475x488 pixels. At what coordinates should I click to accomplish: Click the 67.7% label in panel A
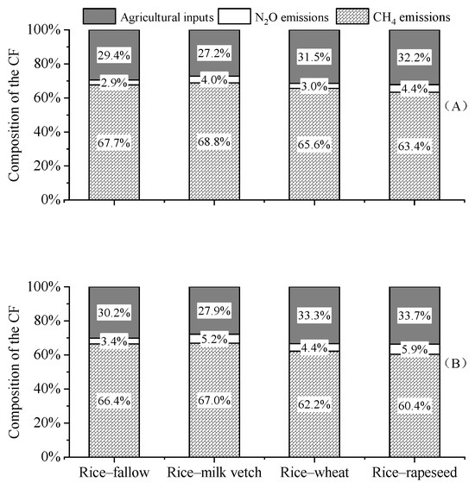pos(114,143)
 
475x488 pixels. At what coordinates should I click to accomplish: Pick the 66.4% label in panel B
pos(114,401)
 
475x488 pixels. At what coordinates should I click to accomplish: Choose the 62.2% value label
pos(314,401)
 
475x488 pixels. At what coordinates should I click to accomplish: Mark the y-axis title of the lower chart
pos(14,371)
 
